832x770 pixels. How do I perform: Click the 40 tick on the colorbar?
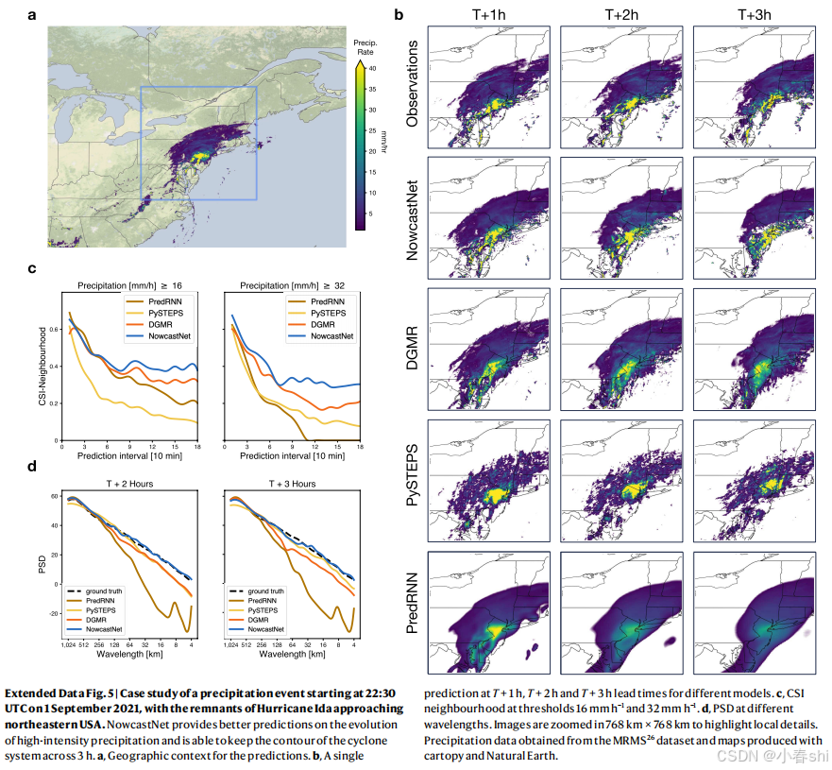pyautogui.click(x=372, y=68)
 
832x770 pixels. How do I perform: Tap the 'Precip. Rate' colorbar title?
pyautogui.click(x=365, y=47)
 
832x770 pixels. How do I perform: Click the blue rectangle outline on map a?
pyautogui.click(x=141, y=142)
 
